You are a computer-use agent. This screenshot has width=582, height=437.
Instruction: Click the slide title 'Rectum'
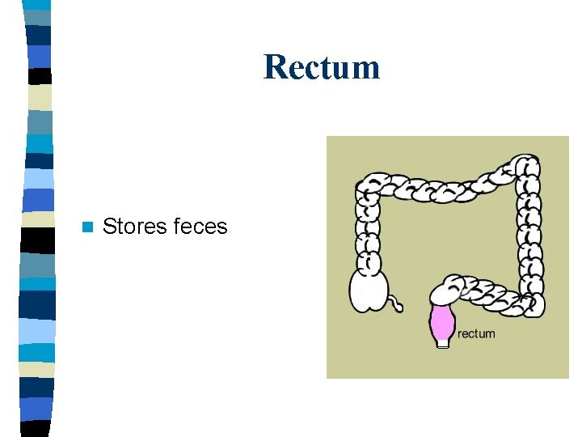click(x=321, y=66)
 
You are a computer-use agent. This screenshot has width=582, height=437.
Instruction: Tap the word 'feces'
click(x=200, y=227)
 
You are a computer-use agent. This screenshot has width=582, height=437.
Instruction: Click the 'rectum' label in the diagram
click(x=476, y=333)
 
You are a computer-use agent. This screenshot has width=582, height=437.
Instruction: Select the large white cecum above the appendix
click(x=369, y=291)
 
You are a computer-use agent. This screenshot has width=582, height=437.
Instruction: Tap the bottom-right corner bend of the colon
click(x=530, y=305)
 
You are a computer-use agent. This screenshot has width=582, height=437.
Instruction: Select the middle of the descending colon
click(x=531, y=235)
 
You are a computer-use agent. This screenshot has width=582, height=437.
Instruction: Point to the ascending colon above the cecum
click(x=369, y=235)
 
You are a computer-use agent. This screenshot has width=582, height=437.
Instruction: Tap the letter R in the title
click(x=274, y=66)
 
